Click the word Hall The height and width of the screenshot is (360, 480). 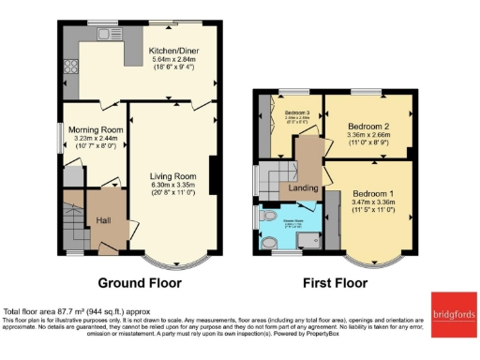105,220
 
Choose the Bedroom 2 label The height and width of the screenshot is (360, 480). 367,125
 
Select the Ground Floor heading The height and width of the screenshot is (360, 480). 140,281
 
